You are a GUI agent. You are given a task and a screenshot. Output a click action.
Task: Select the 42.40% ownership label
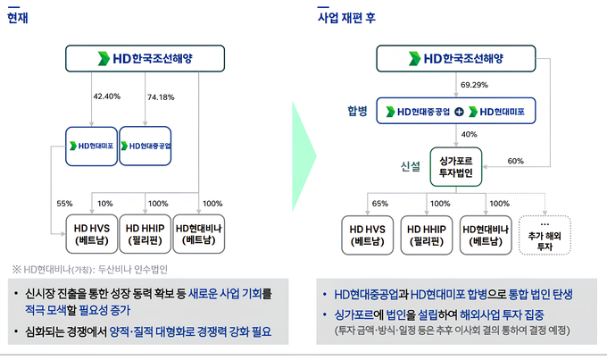coord(106,96)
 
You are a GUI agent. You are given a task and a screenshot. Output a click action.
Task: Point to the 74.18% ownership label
coord(161,96)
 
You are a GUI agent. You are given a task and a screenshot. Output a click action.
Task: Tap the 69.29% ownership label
coord(474,85)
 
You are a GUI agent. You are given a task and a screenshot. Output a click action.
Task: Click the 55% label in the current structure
coord(64,204)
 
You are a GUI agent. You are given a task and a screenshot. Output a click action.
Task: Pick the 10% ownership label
coord(105,204)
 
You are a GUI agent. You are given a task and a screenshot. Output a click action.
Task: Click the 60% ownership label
coord(515,162)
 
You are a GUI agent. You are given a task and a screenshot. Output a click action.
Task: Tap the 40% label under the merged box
coord(470,134)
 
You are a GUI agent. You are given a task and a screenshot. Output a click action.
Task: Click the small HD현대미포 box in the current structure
coord(90,144)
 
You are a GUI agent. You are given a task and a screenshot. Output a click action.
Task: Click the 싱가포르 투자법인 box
coord(456,165)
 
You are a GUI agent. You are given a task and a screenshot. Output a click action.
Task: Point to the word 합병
coord(358,112)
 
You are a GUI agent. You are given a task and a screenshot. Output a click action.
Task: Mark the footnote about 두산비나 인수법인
coord(96,268)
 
